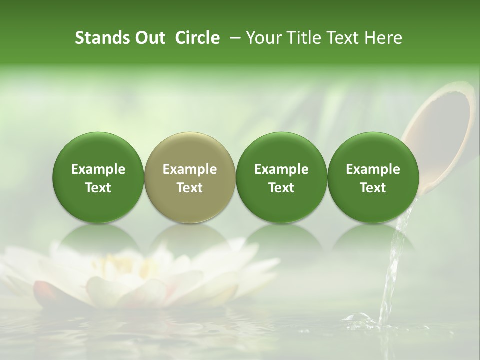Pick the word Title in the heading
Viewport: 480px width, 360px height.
(x=302, y=38)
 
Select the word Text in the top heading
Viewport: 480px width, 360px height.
(x=342, y=38)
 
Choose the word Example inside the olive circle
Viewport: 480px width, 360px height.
(x=190, y=169)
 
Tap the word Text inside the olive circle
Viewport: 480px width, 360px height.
(x=190, y=188)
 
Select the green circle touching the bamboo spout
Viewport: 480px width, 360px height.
(x=373, y=177)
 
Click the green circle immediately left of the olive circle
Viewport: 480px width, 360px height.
(x=98, y=177)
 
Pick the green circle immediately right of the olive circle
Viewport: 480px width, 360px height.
(x=281, y=177)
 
